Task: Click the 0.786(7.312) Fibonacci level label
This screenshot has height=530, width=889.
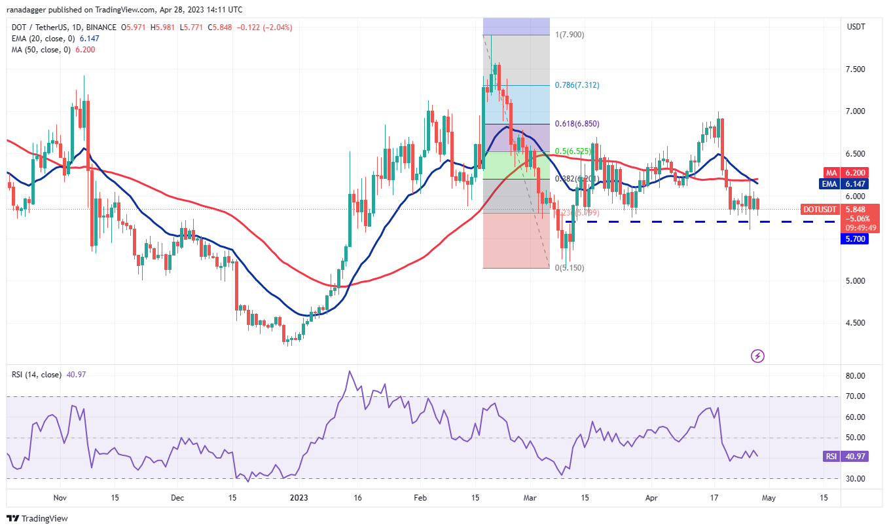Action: pos(558,85)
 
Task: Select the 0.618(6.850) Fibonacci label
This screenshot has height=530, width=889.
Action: pos(558,124)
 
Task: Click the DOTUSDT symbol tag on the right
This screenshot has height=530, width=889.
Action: pos(819,210)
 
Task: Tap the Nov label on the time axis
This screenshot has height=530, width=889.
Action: pos(60,497)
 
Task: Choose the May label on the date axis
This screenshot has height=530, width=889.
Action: pos(769,497)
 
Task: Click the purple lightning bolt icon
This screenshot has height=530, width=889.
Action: pos(758,356)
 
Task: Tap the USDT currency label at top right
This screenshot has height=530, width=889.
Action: pos(856,27)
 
